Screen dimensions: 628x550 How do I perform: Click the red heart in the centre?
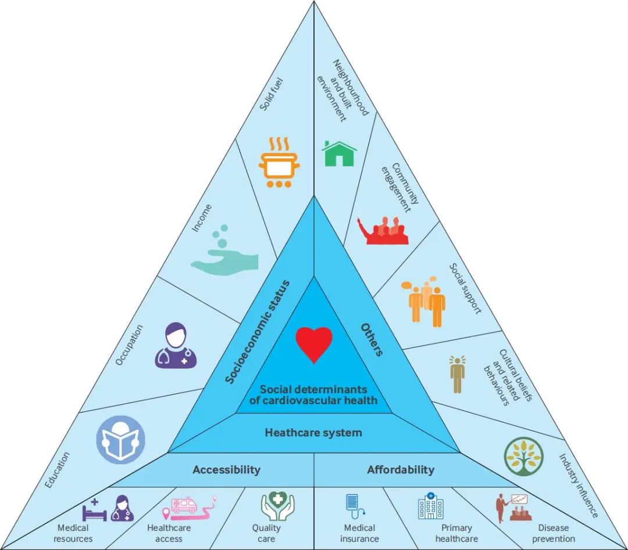click(x=314, y=344)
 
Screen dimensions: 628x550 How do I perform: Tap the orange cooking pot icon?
click(x=280, y=163)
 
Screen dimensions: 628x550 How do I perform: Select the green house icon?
click(x=339, y=153)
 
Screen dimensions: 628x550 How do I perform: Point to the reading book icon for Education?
click(x=120, y=440)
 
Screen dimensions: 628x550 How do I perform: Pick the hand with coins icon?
click(x=224, y=250)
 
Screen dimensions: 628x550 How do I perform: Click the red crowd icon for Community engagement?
click(x=383, y=231)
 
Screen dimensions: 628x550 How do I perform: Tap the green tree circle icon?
click(x=524, y=456)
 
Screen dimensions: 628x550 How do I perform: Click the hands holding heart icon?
click(x=277, y=506)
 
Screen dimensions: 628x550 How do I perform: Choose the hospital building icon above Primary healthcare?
click(x=430, y=506)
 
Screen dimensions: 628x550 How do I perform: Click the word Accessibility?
click(x=226, y=470)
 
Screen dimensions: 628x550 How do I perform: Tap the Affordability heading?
click(x=401, y=470)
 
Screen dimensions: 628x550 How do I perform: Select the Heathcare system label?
click(x=313, y=433)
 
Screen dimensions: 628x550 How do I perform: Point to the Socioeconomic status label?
click(x=257, y=332)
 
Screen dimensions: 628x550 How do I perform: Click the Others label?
click(x=372, y=339)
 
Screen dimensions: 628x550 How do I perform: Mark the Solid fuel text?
click(x=272, y=95)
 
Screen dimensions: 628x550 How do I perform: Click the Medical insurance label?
click(x=359, y=533)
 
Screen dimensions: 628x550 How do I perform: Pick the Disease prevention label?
click(x=554, y=533)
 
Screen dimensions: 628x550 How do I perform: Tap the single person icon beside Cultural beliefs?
click(x=457, y=374)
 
